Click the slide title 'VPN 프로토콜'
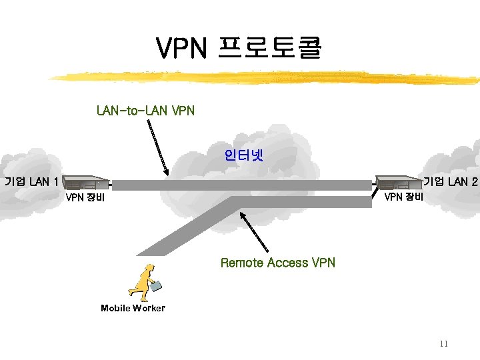[239, 48]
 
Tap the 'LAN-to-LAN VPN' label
[145, 110]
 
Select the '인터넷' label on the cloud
[244, 156]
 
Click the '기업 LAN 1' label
[31, 181]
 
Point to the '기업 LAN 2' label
[451, 181]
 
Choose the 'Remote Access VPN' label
[277, 263]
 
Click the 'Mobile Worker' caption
[133, 308]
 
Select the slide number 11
[444, 344]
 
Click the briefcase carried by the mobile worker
[156, 286]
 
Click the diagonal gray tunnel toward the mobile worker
[187, 227]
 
